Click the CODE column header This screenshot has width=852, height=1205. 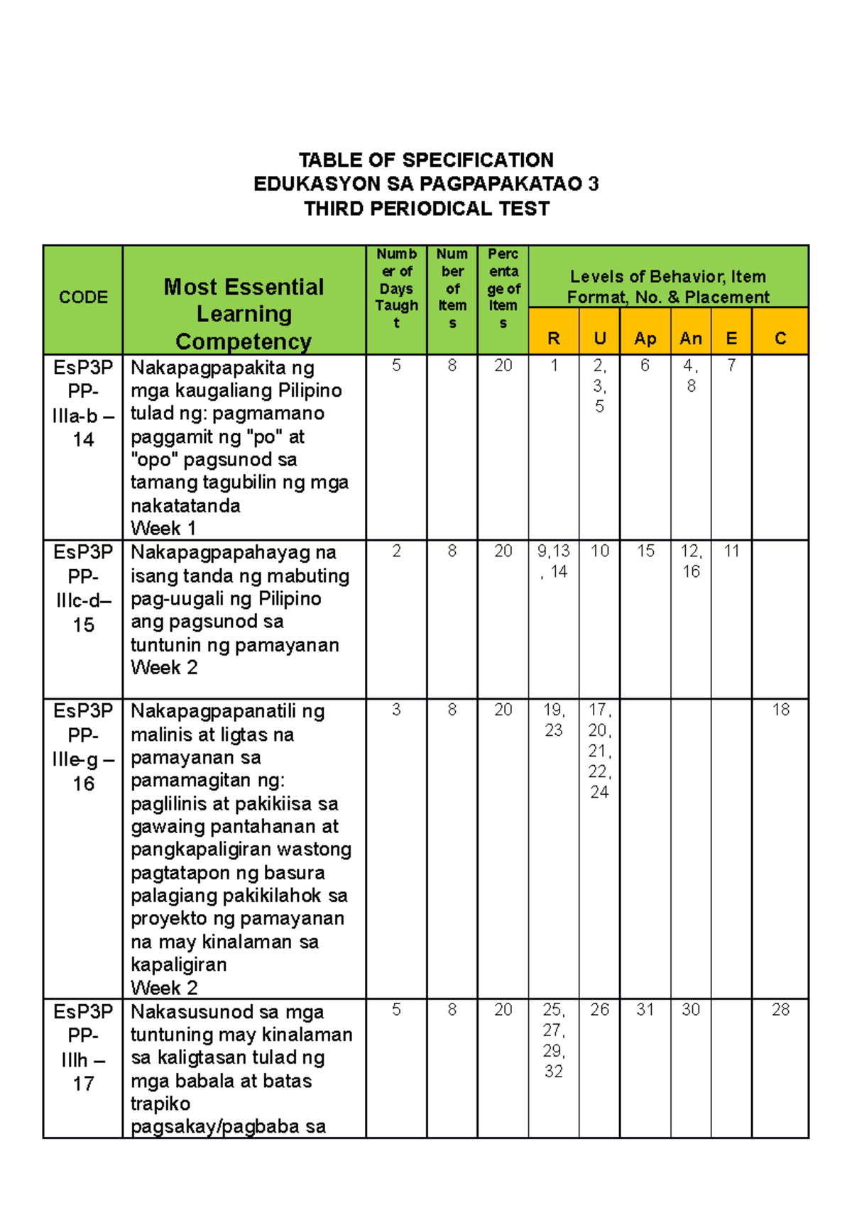pyautogui.click(x=83, y=297)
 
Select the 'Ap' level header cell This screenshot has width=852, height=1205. pyautogui.click(x=645, y=339)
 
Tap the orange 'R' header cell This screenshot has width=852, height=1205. pyautogui.click(x=554, y=339)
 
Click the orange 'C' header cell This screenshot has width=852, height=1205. pyautogui.click(x=780, y=339)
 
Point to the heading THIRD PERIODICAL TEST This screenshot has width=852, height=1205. pyautogui.click(x=426, y=209)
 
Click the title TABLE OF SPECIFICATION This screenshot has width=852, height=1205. pyautogui.click(x=426, y=160)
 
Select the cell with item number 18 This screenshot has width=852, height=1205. pyautogui.click(x=780, y=710)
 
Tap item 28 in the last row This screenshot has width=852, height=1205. pyautogui.click(x=780, y=1009)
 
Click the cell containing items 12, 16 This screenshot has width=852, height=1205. pyautogui.click(x=691, y=561)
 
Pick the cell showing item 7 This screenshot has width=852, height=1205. pyautogui.click(x=731, y=365)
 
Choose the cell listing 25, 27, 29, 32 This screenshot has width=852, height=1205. pyautogui.click(x=554, y=1040)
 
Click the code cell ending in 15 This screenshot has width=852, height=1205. pyautogui.click(x=83, y=588)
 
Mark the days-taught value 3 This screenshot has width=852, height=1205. pyautogui.click(x=396, y=710)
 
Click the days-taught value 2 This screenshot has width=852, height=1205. pyautogui.click(x=396, y=551)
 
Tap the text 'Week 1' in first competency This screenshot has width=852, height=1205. pyautogui.click(x=163, y=529)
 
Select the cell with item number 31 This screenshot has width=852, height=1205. pyautogui.click(x=645, y=1009)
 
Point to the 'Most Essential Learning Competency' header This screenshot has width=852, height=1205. pyautogui.click(x=244, y=314)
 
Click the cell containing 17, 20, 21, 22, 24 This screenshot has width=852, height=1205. pyautogui.click(x=599, y=750)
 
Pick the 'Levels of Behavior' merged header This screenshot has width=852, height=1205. pyautogui.click(x=668, y=286)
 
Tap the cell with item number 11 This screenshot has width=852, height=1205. pyautogui.click(x=731, y=551)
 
